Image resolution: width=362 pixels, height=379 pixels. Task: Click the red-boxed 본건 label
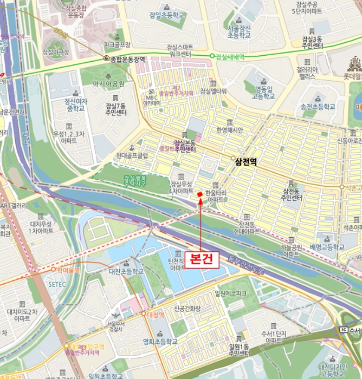(202, 259)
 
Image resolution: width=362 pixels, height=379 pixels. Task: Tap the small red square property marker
(199, 194)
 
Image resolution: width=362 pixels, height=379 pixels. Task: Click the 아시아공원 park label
(108, 84)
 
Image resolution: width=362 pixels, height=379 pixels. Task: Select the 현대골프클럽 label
(132, 155)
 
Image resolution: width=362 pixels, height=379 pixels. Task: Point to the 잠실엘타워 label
(213, 91)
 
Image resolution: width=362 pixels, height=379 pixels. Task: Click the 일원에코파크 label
(230, 293)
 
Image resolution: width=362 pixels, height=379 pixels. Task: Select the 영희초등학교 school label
(160, 342)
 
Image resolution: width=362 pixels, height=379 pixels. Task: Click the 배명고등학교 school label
(327, 247)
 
